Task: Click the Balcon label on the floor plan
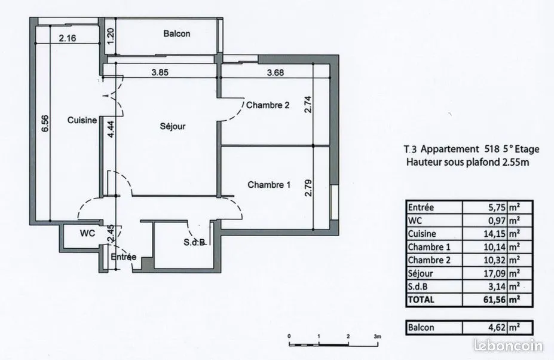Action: pos(177,33)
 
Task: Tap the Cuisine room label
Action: pos(82,120)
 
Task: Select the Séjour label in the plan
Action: pos(173,126)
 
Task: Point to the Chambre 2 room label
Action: pos(268,105)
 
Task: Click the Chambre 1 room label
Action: pos(269,185)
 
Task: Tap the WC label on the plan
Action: pos(87,233)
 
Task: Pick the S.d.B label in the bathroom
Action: pos(194,242)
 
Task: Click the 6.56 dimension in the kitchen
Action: pos(45,124)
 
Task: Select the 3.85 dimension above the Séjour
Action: pos(160,72)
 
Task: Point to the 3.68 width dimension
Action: pos(276,72)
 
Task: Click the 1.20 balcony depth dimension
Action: pos(110,36)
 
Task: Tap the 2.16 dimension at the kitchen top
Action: pos(67,38)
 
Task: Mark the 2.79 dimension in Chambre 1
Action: pos(308,188)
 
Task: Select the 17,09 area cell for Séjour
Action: pos(495,273)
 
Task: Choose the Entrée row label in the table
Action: pos(421,208)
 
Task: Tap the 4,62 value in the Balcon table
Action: pos(497,328)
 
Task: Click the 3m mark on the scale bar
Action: pos(377,336)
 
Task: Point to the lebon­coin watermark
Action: pos(508,346)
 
